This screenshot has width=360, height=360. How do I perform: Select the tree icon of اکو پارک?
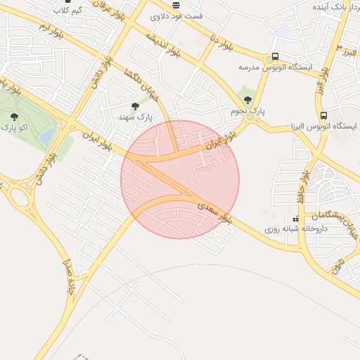pos(15,117)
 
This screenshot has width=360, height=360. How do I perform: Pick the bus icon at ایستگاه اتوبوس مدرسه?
pos(275,57)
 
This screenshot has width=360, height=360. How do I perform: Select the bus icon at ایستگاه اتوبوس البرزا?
pos(323,115)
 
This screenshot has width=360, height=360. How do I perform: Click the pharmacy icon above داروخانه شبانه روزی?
pos(295,219)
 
